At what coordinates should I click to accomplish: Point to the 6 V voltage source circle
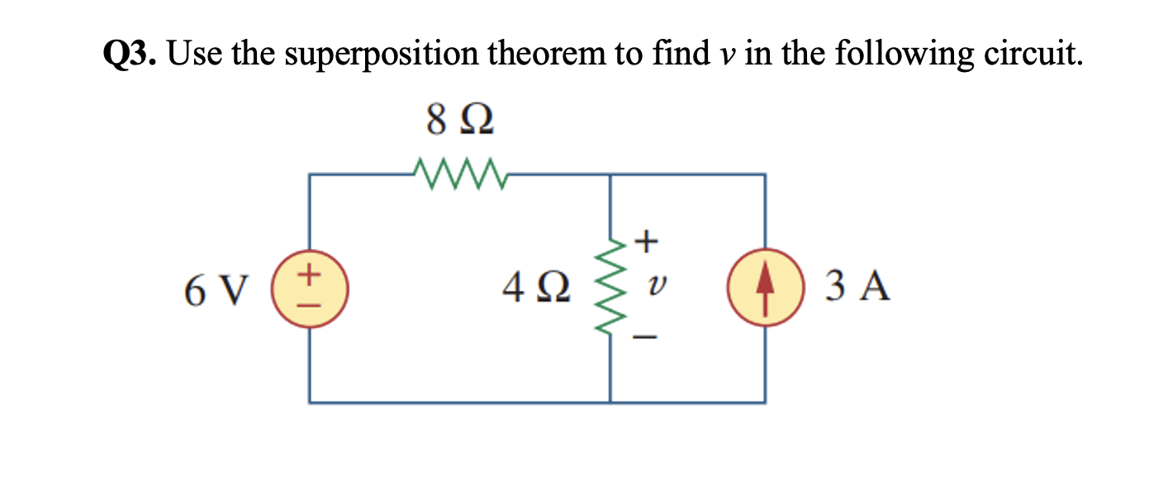click(311, 289)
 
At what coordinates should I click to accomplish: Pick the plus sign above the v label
click(648, 241)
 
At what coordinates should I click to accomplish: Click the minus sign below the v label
click(648, 337)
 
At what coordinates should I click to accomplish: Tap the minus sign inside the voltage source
click(311, 302)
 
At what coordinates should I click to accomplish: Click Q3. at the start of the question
click(132, 55)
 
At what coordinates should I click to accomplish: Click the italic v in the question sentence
click(722, 56)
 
